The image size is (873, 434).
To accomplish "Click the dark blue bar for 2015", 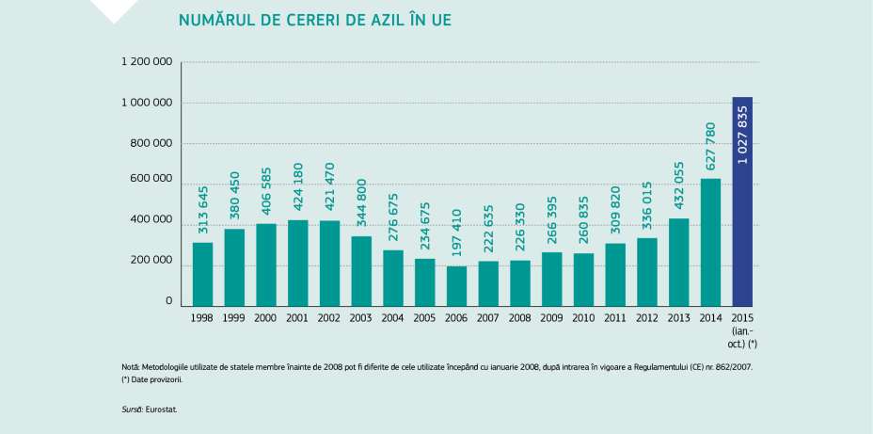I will coord(742,201).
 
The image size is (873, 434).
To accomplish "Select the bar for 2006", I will coord(457,286).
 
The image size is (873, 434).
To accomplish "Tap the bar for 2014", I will coord(710,242).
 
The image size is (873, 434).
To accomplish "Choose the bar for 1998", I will coord(202,274).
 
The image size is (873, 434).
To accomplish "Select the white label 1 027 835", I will coord(743,136).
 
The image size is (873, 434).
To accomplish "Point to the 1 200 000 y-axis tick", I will coord(146,62).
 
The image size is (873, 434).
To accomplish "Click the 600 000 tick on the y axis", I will coord(152,179).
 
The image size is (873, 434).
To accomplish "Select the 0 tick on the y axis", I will coord(169,301).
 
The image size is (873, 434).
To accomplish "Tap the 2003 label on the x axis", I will coord(361,318).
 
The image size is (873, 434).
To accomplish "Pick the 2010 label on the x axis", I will coord(583,318).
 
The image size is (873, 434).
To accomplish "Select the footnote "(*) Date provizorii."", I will coord(151,379).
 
